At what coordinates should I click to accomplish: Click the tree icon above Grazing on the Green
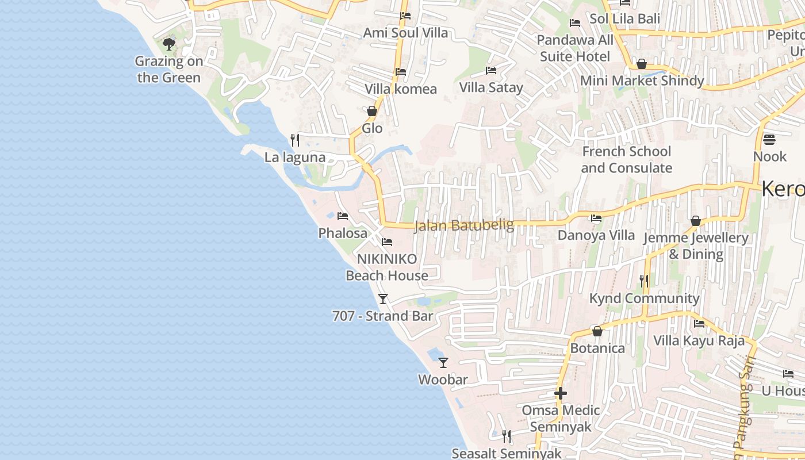pyautogui.click(x=168, y=44)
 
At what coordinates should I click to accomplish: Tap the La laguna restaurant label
pyautogui.click(x=295, y=158)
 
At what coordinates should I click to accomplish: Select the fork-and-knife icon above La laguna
pyautogui.click(x=295, y=140)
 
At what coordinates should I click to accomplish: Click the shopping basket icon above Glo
pyautogui.click(x=372, y=110)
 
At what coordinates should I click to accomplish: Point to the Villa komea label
pyautogui.click(x=401, y=89)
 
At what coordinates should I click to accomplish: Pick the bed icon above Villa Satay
pyautogui.click(x=491, y=70)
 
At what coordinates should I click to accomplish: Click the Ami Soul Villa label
pyautogui.click(x=405, y=33)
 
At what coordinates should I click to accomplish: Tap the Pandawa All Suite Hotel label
pyautogui.click(x=575, y=48)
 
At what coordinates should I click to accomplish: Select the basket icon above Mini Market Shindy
pyautogui.click(x=642, y=63)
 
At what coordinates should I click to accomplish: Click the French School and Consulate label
pyautogui.click(x=626, y=160)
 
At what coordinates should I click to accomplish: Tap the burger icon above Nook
pyautogui.click(x=769, y=139)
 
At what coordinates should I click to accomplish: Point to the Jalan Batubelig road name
pyautogui.click(x=464, y=225)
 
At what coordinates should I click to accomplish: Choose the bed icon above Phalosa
pyautogui.click(x=343, y=216)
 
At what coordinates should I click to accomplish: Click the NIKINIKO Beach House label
pyautogui.click(x=387, y=267)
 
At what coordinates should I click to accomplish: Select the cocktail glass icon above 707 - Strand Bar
pyautogui.click(x=383, y=298)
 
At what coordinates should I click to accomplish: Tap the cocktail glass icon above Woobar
pyautogui.click(x=443, y=362)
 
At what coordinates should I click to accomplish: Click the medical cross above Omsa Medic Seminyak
pyautogui.click(x=561, y=393)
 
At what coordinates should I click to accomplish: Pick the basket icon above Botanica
pyautogui.click(x=597, y=331)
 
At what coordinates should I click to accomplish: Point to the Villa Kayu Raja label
pyautogui.click(x=699, y=340)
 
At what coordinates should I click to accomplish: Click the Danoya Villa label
pyautogui.click(x=596, y=235)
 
